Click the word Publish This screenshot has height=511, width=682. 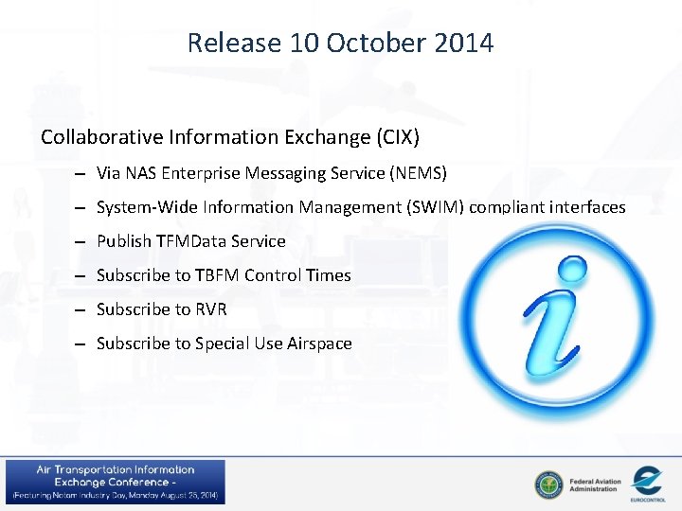pos(124,241)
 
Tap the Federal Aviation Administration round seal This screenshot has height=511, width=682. pos(547,484)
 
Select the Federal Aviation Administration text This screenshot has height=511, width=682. pos(595,485)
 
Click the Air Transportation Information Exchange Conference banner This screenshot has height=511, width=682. pos(116,482)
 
